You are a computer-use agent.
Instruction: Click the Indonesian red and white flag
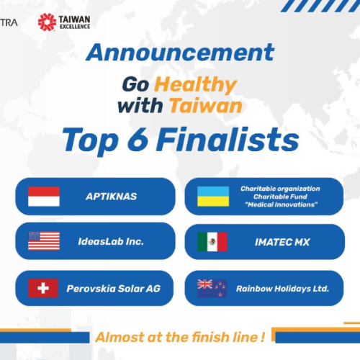[x=43, y=196]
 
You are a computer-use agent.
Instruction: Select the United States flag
[x=43, y=241]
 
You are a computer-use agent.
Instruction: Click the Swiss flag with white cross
[x=43, y=288]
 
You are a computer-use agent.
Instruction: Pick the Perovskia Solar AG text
[x=114, y=288]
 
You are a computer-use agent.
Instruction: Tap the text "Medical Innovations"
[x=280, y=204]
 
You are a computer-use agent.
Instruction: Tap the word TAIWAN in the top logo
[x=76, y=17]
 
